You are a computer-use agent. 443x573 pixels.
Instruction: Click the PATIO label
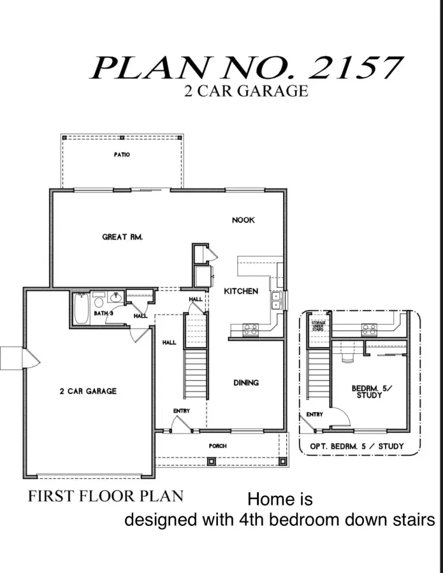pos(122,155)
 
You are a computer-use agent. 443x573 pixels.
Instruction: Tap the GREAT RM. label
pos(122,237)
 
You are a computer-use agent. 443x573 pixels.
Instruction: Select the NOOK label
pos(243,220)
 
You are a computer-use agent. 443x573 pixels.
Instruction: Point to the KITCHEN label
pos(241,291)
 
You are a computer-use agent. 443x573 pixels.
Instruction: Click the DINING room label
pos(246,383)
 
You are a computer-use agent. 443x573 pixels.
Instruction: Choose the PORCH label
pos(217,446)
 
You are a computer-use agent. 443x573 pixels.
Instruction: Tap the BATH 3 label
pos(103,313)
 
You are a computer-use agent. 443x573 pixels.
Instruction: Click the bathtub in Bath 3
pos(81,309)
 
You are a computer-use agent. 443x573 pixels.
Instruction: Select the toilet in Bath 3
pos(98,301)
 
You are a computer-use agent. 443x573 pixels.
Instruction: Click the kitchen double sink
pos(275,301)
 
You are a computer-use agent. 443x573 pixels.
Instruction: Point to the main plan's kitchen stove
pos(251,330)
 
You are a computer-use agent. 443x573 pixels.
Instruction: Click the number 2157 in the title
pos(355,68)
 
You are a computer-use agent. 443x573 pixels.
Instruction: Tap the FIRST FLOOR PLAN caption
pos(106,496)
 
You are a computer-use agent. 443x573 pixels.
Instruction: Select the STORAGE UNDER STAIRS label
pos(318,326)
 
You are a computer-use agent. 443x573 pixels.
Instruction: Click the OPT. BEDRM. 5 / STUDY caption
pos(357,446)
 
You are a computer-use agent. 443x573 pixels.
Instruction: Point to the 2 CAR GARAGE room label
pos(88,392)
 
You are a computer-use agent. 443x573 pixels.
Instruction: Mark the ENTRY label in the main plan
pos(182,411)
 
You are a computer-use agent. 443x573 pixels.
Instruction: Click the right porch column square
pos(282,461)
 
